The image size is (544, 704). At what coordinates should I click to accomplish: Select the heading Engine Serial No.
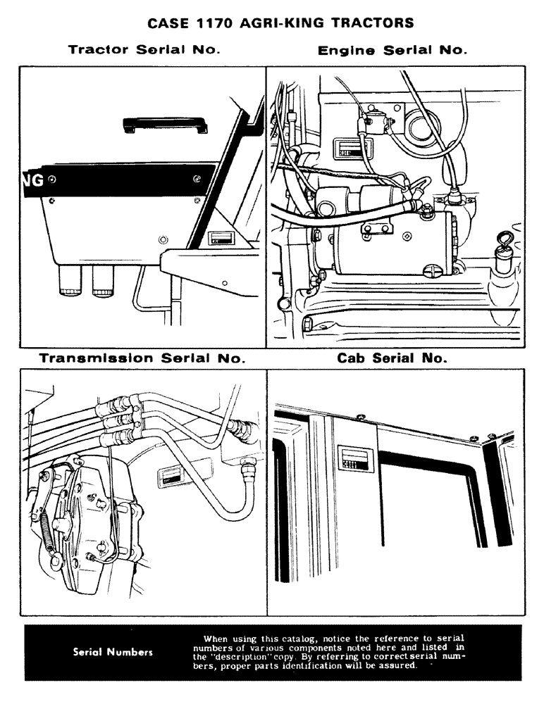tap(392, 51)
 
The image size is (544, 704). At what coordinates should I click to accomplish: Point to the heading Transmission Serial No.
tap(142, 358)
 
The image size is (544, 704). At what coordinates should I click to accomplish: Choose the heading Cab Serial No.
tap(392, 358)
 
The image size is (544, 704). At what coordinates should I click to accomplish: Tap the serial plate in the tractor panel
tap(221, 237)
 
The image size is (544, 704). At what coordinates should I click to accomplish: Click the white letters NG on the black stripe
tap(33, 180)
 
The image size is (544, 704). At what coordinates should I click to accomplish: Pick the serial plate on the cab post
tap(350, 458)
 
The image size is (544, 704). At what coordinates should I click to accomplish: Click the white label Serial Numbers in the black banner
tap(113, 652)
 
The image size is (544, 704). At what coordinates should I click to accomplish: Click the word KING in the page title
tap(300, 23)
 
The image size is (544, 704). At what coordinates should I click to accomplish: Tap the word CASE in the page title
tap(166, 23)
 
